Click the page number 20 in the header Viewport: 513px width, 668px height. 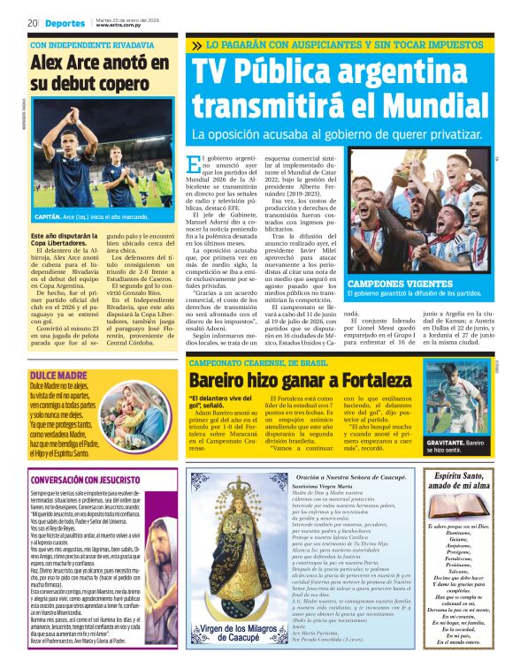click(x=31, y=22)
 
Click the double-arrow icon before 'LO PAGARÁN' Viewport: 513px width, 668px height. click(x=195, y=45)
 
